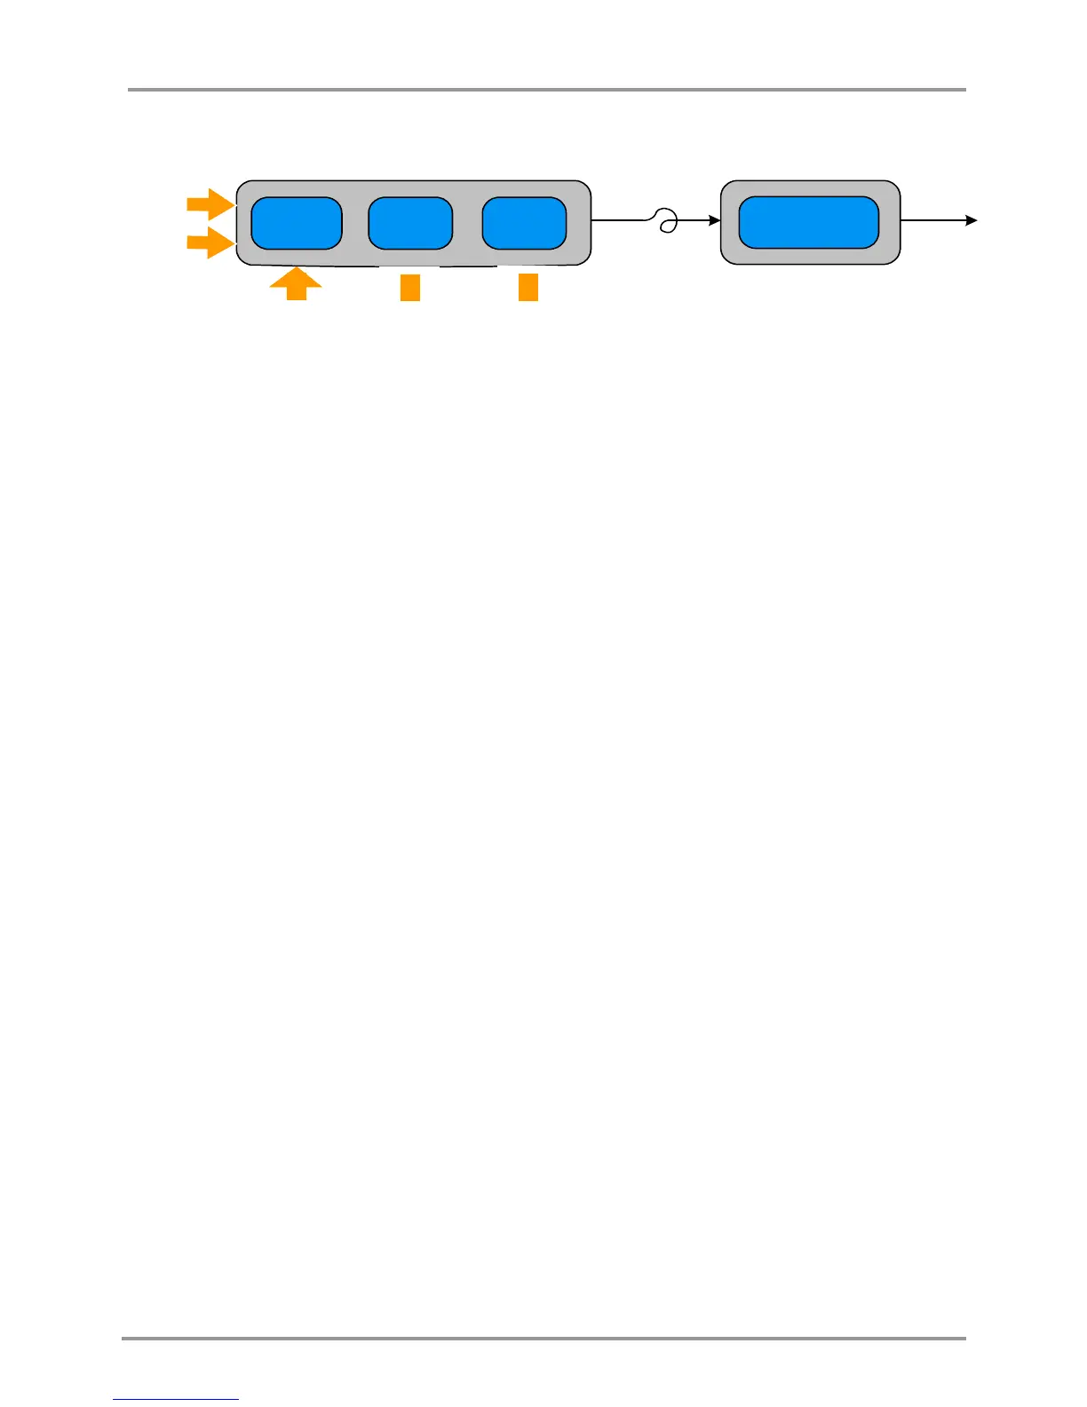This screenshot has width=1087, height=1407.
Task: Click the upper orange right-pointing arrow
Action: tap(210, 204)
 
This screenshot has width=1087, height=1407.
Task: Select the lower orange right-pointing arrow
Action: tap(210, 242)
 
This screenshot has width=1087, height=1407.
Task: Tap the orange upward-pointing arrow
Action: tap(296, 285)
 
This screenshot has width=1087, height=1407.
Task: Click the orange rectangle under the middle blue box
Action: tap(409, 288)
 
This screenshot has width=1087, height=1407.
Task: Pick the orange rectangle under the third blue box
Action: tap(528, 287)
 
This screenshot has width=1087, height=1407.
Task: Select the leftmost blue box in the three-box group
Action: tap(297, 223)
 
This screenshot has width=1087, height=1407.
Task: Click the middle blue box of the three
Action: tap(410, 223)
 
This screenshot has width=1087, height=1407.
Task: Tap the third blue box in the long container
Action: tap(524, 223)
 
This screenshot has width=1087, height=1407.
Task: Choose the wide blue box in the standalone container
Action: tap(808, 222)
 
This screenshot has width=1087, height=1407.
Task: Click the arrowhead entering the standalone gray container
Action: tap(714, 220)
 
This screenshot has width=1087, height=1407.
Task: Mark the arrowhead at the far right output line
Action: tap(972, 220)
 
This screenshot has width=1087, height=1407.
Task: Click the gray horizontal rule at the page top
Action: tap(546, 90)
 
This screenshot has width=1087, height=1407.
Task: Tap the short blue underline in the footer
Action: tap(176, 1400)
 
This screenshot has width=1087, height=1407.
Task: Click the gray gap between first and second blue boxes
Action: tap(355, 223)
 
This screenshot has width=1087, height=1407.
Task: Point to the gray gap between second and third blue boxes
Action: tap(467, 223)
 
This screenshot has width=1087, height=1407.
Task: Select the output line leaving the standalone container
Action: tap(932, 220)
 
